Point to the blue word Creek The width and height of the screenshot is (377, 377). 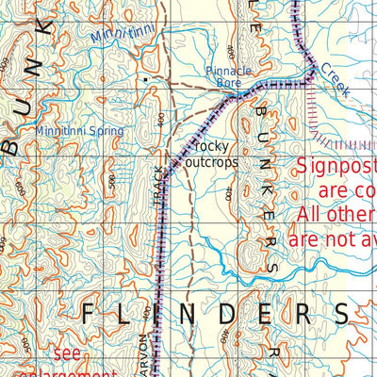click(x=334, y=81)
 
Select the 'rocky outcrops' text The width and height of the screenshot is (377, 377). click(x=214, y=155)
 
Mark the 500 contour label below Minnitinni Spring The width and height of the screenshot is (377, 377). click(x=114, y=179)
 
